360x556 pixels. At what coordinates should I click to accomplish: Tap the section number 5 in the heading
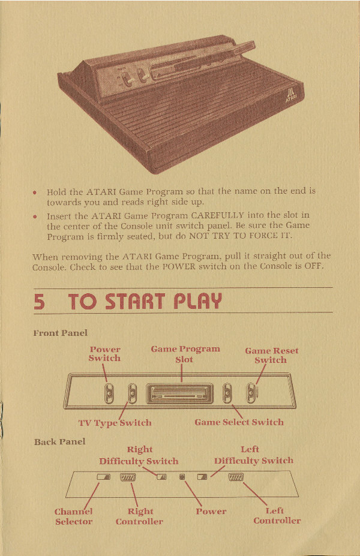[39, 302]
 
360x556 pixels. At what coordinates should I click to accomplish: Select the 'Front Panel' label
[60, 333]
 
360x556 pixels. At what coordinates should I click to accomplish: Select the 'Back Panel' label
[59, 442]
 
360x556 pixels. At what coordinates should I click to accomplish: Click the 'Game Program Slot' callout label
[185, 354]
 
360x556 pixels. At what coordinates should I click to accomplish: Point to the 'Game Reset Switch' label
[271, 355]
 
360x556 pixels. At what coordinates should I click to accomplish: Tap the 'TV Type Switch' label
[115, 423]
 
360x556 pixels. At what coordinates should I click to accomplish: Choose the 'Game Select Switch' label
[239, 422]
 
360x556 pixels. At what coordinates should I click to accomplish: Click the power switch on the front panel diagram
[109, 393]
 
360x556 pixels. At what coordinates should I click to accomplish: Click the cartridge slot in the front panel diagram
[180, 393]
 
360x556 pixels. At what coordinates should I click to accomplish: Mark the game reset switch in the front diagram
[251, 393]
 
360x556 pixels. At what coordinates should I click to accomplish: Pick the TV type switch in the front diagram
[132, 393]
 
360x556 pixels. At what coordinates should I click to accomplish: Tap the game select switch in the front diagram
[227, 393]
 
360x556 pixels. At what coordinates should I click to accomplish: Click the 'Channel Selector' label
[73, 516]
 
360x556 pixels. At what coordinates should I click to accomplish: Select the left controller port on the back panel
[236, 477]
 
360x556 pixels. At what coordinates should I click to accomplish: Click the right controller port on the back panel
[128, 477]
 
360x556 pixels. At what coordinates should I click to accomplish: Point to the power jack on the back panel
[182, 477]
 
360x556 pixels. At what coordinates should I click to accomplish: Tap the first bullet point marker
[35, 193]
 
